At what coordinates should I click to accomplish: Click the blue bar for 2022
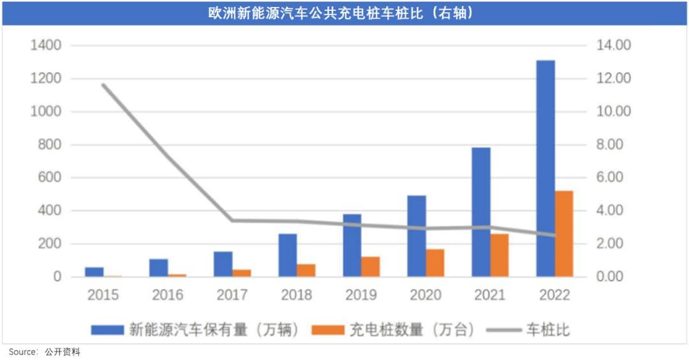pos(545,169)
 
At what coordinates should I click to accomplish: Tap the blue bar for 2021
pos(481,212)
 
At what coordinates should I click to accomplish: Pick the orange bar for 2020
pos(435,263)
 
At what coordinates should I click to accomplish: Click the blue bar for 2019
pos(352,245)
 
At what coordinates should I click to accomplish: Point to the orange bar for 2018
pos(306,271)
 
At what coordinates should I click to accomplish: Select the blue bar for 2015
pos(94,272)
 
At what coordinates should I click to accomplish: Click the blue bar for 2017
pos(223,264)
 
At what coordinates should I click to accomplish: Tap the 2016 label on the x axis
pos(167,295)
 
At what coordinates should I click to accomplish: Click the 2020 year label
pos(425,295)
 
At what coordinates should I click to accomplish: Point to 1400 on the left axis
pos(45,45)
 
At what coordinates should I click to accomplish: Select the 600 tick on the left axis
pos(48,177)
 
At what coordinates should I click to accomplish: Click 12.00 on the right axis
pos(612,79)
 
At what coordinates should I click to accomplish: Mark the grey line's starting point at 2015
pos(103,85)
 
